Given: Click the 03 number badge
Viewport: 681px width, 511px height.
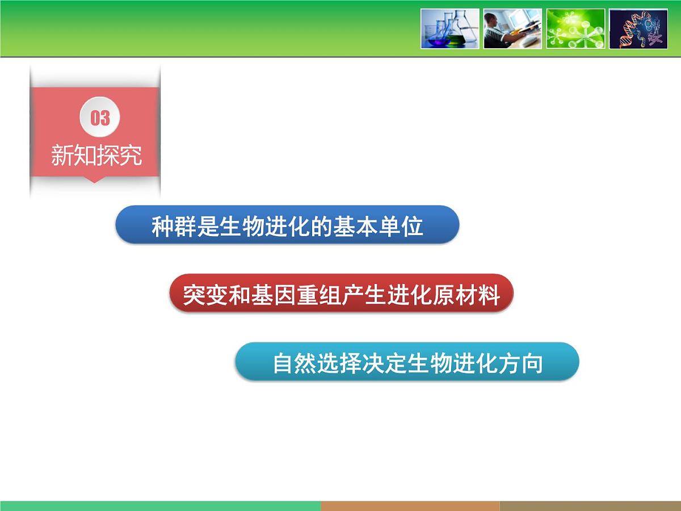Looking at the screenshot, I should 100,118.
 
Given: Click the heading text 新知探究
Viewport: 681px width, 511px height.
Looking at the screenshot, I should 96,155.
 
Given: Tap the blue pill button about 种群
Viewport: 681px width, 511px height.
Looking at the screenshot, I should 287,225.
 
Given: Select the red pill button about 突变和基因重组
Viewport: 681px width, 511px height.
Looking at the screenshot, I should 341,294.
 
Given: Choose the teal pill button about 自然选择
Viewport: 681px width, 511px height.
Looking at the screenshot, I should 407,362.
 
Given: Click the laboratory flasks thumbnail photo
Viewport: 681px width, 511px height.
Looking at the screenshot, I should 450,28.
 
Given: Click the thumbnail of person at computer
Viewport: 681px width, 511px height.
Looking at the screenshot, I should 512,28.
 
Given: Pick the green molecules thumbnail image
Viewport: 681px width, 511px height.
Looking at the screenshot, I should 575,28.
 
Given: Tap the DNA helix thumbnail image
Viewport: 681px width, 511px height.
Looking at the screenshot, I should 638,28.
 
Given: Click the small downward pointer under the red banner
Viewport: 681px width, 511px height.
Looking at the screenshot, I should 95,179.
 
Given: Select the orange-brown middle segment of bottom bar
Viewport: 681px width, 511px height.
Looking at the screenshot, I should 410,506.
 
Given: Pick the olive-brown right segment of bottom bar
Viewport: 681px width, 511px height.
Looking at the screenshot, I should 590,506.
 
